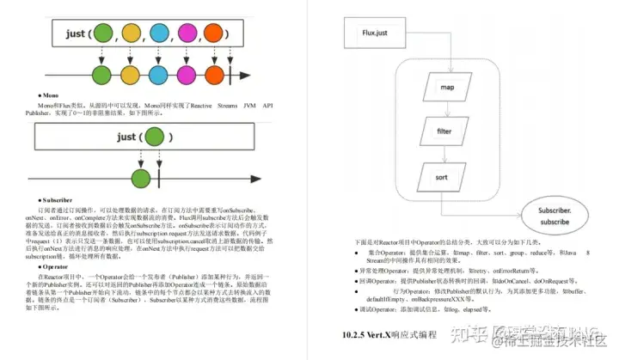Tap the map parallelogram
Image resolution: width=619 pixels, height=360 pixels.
pos(446,88)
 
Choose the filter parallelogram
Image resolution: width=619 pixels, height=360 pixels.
pos(446,132)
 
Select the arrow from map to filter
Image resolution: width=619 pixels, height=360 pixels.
pos(446,110)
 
